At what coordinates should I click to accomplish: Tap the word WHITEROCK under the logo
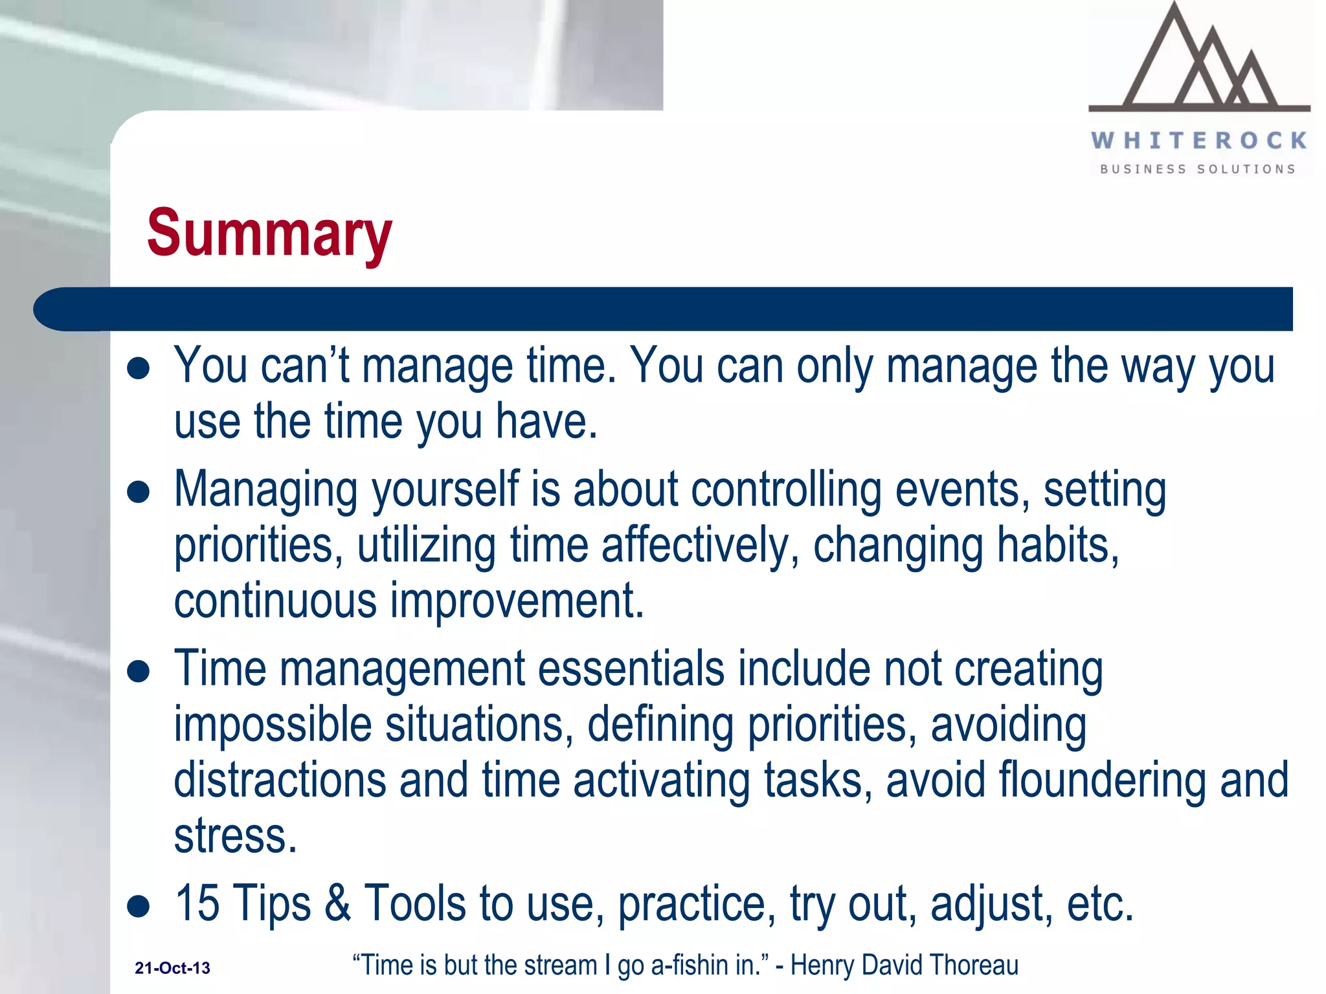1199,140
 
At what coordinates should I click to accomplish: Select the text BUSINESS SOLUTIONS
1198,169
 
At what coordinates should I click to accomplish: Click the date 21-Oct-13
172,968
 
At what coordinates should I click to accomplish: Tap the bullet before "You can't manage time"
139,369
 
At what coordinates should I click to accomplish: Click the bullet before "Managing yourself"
139,492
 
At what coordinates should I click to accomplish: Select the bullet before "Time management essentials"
139,671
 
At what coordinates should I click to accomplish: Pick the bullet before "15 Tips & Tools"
139,906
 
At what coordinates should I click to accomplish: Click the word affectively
700,546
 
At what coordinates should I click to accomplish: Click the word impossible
273,725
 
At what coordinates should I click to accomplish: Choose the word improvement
516,601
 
